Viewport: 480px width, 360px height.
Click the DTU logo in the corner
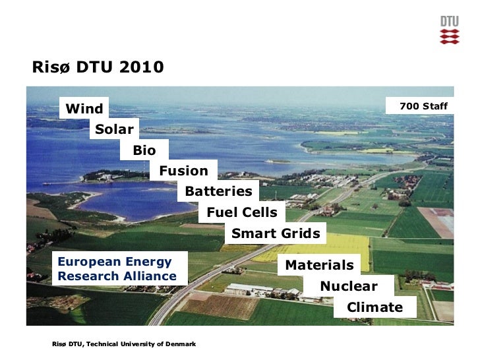click(x=449, y=30)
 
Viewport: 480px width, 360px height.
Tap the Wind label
click(x=85, y=109)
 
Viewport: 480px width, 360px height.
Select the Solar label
click(x=114, y=129)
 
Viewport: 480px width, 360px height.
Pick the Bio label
click(x=144, y=150)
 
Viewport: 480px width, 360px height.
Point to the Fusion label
click(x=183, y=171)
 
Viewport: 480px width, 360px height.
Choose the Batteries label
click(x=218, y=191)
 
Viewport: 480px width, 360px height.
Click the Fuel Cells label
click(x=242, y=212)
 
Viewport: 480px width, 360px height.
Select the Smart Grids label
click(x=276, y=233)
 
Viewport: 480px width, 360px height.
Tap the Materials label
click(x=319, y=265)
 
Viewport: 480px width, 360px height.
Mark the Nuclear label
click(x=349, y=286)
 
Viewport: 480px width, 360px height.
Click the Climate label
click(x=375, y=307)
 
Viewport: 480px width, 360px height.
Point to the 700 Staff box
click(x=423, y=105)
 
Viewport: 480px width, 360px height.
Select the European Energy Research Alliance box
click(x=117, y=269)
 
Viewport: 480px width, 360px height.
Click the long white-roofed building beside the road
click(x=247, y=288)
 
